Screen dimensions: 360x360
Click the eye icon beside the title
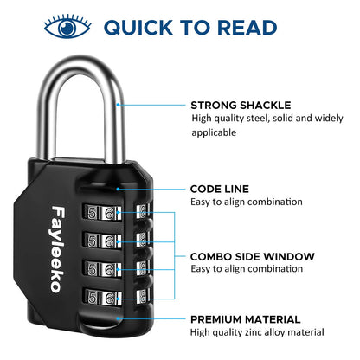click(x=67, y=26)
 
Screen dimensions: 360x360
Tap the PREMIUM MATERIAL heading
click(x=246, y=319)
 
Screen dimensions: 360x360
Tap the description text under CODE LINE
click(x=247, y=202)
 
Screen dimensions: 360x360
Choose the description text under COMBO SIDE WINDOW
click(x=247, y=270)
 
